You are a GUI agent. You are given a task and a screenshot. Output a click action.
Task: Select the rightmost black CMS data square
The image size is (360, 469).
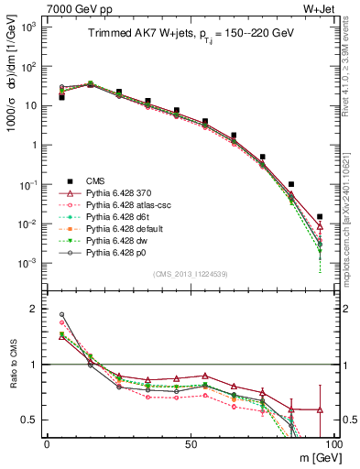(319, 217)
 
